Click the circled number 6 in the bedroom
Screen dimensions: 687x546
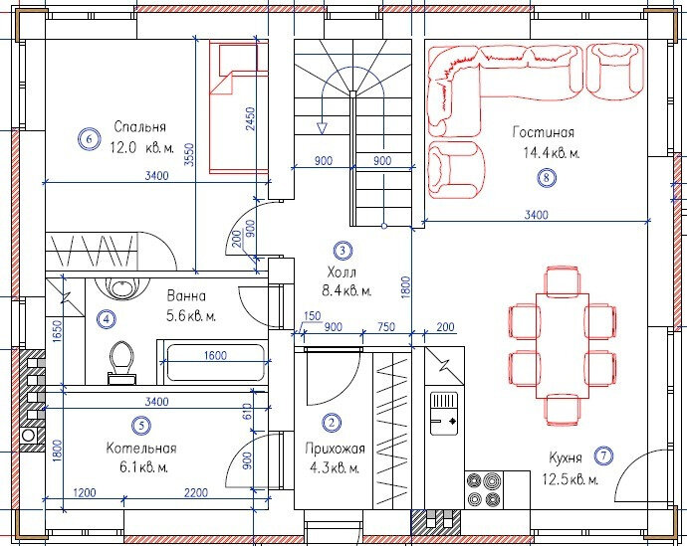[x=89, y=139]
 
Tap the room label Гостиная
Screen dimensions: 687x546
[x=544, y=131]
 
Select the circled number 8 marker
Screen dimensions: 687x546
[x=546, y=178]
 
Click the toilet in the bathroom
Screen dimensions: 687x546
[x=121, y=362]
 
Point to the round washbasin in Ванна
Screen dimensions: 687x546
[x=119, y=288]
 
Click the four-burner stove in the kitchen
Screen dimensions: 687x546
[x=484, y=489]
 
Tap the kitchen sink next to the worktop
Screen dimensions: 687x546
[x=444, y=414]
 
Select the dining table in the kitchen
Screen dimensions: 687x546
[x=563, y=346]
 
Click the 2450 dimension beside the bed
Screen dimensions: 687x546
[x=250, y=118]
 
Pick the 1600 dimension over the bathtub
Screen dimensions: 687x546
[x=215, y=355]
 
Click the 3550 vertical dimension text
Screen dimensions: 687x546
[x=189, y=154]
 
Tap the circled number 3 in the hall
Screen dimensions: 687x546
[x=343, y=251]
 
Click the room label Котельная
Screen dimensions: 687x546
[x=141, y=448]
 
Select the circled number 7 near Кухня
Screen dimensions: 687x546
[x=603, y=455]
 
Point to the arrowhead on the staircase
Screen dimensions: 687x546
[x=322, y=128]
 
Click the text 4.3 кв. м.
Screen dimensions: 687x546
[x=335, y=468]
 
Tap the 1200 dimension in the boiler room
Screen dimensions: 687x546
[x=84, y=492]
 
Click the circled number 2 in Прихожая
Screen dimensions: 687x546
[x=332, y=423]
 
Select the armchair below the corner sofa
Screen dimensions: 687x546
[x=456, y=169]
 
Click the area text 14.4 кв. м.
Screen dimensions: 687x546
[x=552, y=153]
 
